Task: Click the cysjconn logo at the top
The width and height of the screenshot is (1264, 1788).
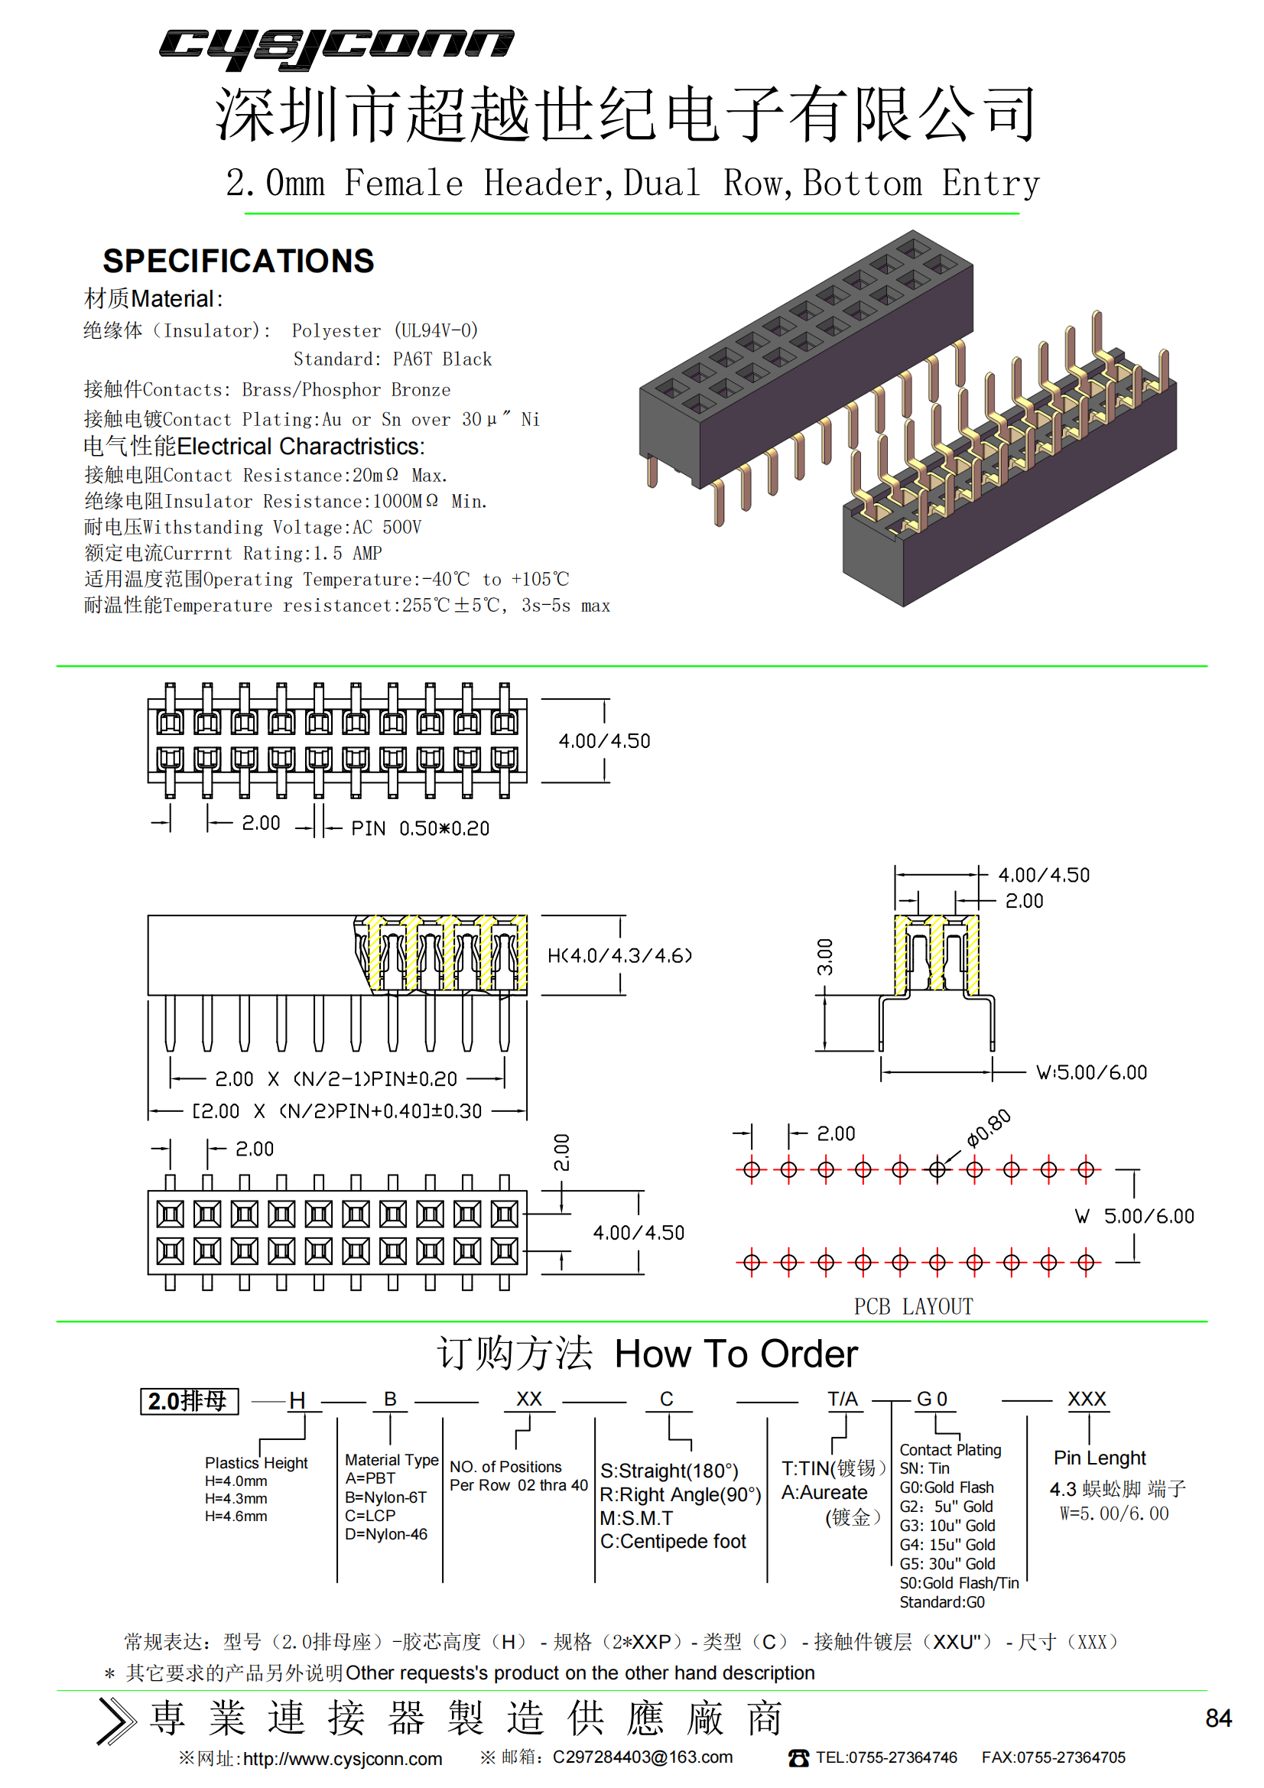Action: (x=336, y=48)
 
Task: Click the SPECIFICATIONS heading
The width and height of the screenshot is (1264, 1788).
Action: (x=239, y=261)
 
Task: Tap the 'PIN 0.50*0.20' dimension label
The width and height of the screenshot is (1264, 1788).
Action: (x=420, y=828)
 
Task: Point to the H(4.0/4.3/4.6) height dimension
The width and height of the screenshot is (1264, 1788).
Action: (x=620, y=955)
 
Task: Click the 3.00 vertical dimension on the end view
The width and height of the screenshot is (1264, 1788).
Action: (x=825, y=957)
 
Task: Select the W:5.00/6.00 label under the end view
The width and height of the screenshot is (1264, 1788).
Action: (x=1091, y=1072)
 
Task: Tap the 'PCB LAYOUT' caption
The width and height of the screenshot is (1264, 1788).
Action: (x=914, y=1307)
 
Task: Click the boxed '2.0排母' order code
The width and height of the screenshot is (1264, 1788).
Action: (x=189, y=1401)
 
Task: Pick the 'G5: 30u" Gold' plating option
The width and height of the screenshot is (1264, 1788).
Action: (x=947, y=1564)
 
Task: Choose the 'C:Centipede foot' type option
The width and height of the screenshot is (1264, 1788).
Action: (x=673, y=1541)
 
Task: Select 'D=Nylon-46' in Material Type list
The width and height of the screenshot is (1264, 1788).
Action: (x=386, y=1534)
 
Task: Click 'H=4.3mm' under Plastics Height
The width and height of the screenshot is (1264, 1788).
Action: (x=236, y=1498)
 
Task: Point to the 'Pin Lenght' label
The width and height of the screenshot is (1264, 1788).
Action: (x=1100, y=1458)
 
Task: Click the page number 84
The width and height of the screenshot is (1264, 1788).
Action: (x=1218, y=1718)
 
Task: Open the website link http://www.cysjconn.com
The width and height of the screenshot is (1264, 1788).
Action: (x=343, y=1759)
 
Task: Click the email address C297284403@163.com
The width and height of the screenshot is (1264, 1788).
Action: (x=642, y=1757)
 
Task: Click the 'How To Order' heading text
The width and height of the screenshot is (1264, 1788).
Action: (x=736, y=1354)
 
